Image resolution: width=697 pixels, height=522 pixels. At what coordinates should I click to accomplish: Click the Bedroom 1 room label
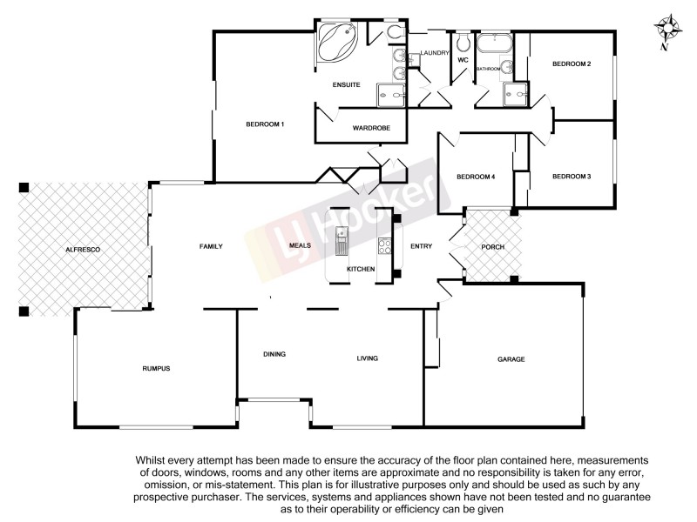click(265, 124)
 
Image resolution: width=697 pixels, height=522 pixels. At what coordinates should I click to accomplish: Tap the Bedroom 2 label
click(572, 64)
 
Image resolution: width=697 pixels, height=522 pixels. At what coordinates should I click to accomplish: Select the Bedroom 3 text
click(572, 177)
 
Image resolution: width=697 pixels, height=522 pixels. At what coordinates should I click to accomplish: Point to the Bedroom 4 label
click(476, 177)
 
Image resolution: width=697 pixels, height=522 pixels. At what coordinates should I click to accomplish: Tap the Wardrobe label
click(371, 129)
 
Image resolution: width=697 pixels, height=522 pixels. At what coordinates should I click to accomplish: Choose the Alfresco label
click(84, 250)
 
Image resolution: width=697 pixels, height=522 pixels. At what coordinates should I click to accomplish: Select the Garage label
click(511, 359)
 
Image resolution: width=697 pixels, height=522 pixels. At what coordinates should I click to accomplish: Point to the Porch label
click(492, 247)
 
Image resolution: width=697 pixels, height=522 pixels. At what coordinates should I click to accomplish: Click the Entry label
click(421, 247)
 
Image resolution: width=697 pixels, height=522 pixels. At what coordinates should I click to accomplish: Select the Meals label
click(301, 246)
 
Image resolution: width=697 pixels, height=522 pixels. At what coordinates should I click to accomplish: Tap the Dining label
click(274, 354)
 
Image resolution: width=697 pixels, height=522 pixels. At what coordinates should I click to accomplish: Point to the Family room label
click(211, 246)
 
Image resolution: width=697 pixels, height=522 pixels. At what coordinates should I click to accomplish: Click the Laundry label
click(434, 53)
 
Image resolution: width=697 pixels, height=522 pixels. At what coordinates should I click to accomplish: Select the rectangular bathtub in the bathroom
click(493, 44)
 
